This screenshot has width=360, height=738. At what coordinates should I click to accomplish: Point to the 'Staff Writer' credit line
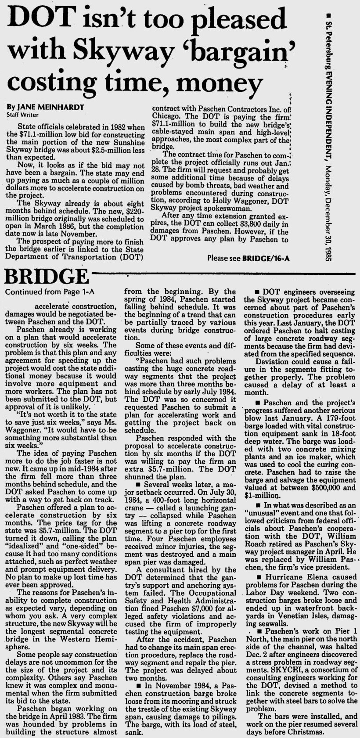click(x=22, y=115)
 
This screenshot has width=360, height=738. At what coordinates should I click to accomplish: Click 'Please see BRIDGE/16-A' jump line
click(x=248, y=259)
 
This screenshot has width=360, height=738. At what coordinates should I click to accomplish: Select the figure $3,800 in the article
click(x=246, y=224)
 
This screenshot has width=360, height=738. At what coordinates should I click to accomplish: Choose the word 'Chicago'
click(x=165, y=116)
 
